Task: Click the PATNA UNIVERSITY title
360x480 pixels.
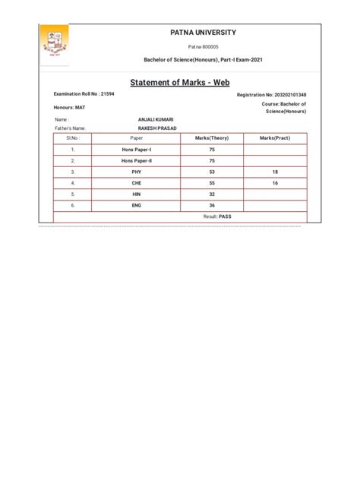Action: click(x=203, y=33)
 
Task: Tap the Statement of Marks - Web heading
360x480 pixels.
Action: click(x=180, y=82)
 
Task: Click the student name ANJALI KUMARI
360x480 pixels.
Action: click(x=156, y=119)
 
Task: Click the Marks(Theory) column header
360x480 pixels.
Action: click(x=212, y=138)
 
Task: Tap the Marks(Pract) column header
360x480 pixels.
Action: click(x=275, y=138)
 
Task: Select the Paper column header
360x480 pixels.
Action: click(x=137, y=138)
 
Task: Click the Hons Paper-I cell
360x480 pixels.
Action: click(x=137, y=150)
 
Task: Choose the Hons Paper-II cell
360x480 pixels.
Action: click(x=137, y=161)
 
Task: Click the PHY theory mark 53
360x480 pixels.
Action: click(x=212, y=172)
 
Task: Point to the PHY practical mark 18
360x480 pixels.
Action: click(x=275, y=172)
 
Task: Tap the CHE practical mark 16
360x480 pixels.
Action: click(x=275, y=183)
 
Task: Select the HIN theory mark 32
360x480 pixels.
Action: click(x=212, y=194)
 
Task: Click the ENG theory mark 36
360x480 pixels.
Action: click(x=212, y=205)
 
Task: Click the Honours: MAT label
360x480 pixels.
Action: click(x=70, y=108)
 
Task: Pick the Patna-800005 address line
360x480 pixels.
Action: click(x=203, y=47)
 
